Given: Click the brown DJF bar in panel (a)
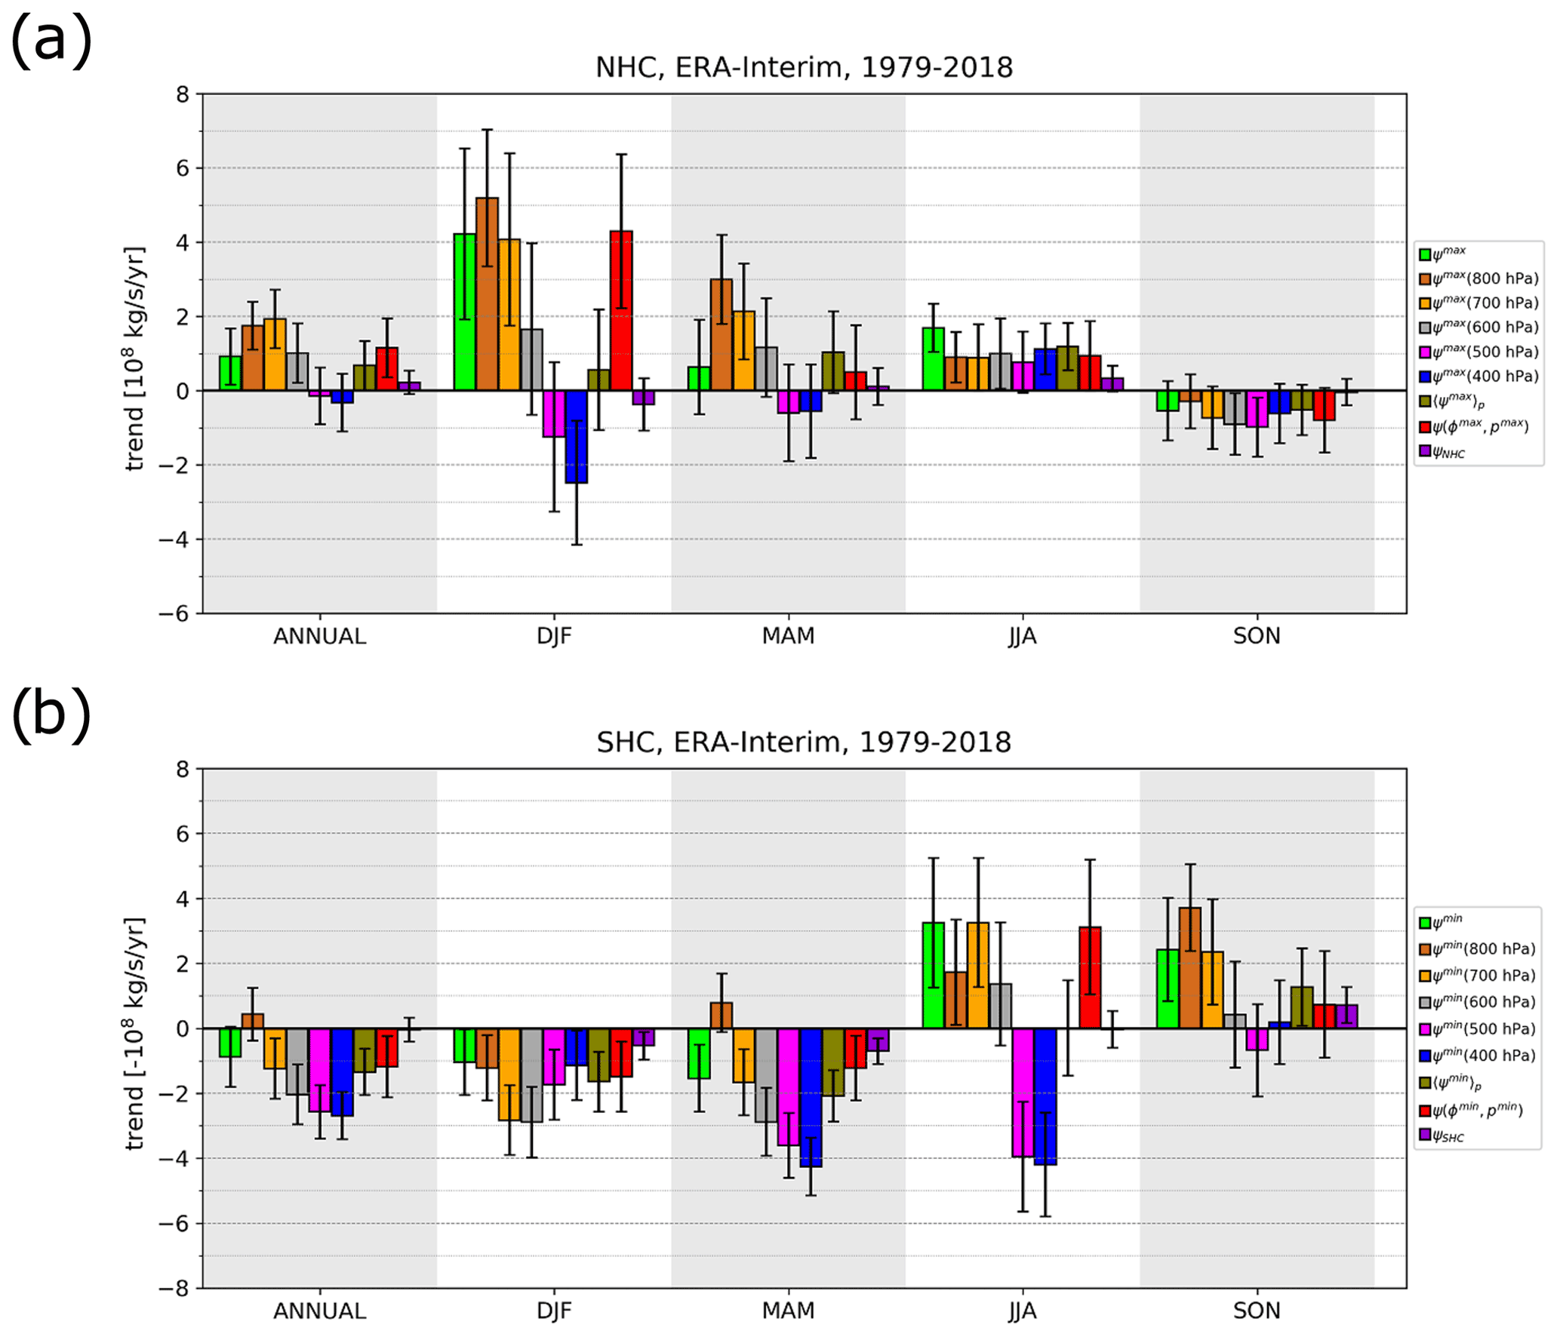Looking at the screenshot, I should coord(487,294).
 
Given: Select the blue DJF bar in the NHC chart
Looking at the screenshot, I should coord(576,437).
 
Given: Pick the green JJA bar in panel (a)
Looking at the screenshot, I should coord(933,359).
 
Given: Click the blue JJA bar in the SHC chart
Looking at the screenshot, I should coord(1045,1096).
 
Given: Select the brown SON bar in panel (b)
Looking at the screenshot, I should coord(1189,968).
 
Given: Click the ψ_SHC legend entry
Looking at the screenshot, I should coord(1442,1136).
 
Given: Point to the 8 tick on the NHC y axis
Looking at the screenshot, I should coord(183,95).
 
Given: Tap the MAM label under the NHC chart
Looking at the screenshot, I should coord(788,636).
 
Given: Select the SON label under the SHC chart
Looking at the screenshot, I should coord(1257,1311).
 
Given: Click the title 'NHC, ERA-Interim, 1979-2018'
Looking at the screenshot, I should coord(804,68).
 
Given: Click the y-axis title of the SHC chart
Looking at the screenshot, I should coord(135,1034).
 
